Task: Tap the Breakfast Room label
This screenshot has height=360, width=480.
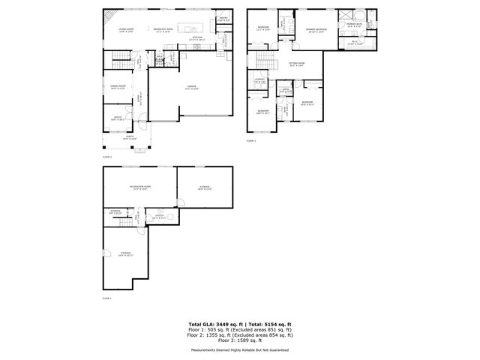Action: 163,30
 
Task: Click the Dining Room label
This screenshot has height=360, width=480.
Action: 118,87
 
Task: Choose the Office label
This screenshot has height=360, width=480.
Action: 117,118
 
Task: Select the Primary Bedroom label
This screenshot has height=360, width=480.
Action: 316,31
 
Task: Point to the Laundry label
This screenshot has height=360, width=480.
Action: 261,79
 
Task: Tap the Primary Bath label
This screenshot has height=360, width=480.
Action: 354,25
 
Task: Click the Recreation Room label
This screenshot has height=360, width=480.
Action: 140,187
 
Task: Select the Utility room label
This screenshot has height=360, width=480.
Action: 159,217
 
